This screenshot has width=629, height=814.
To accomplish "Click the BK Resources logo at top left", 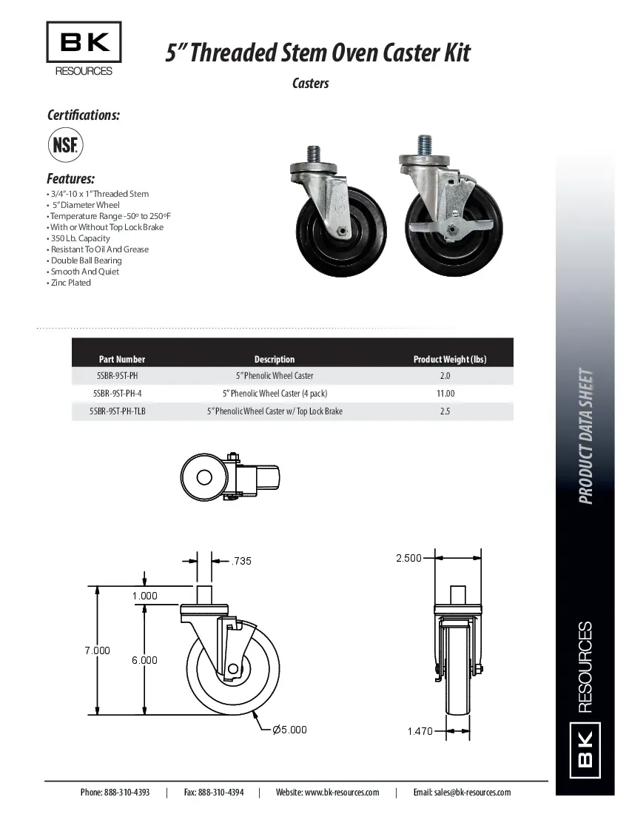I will pos(84,49).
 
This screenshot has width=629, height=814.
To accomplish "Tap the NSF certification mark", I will pos(65,144).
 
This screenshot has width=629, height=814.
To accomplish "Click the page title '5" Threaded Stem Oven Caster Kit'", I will pos(317,53).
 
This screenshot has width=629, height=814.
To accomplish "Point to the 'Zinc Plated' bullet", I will pos(70,283).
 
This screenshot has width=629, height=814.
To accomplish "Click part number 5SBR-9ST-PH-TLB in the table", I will pos(118,411).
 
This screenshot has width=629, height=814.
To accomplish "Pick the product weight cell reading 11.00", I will pos(445,394).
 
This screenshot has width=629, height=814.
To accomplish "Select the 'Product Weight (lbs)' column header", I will pos(449,360).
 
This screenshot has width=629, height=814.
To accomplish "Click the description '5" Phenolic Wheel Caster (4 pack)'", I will pos(275,394).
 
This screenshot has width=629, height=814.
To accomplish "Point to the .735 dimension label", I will pos(241,561).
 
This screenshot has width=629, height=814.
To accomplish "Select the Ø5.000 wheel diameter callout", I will pos(289,730).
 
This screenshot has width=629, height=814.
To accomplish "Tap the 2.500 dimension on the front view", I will pos(408,558).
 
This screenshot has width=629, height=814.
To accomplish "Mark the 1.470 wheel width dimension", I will pos(420,731).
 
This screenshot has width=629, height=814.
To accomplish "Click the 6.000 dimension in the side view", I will pos(145,660).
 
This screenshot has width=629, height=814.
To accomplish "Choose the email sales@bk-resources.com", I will pos(462,792).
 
